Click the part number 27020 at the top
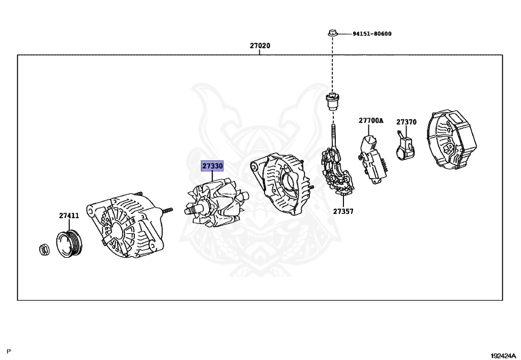pyautogui.click(x=259, y=46)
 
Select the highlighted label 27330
pyautogui.click(x=212, y=166)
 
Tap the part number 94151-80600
pyautogui.click(x=372, y=34)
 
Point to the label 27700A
pyautogui.click(x=370, y=121)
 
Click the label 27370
pyautogui.click(x=407, y=122)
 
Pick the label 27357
pyautogui.click(x=343, y=211)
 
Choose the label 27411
pyautogui.click(x=69, y=215)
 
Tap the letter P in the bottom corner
pyautogui.click(x=9, y=351)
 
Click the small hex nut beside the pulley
pyautogui.click(x=44, y=249)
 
